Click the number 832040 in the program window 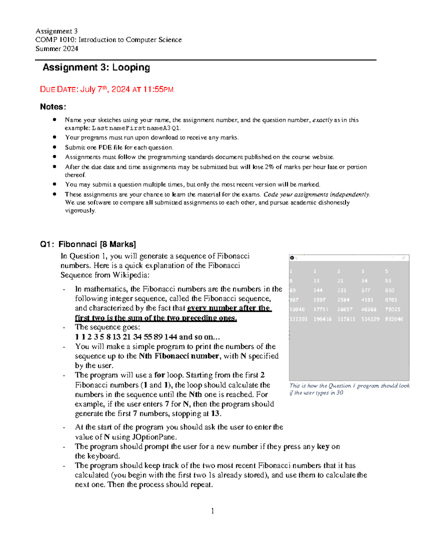(394, 319)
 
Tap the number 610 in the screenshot (390, 290)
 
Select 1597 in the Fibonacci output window (319, 300)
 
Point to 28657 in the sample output (345, 310)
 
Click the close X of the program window (404, 258)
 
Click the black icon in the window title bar (292, 258)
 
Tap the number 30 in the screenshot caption (340, 393)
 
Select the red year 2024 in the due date (120, 90)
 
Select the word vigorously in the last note (80, 211)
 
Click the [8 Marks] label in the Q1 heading (118, 244)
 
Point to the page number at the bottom (212, 511)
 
